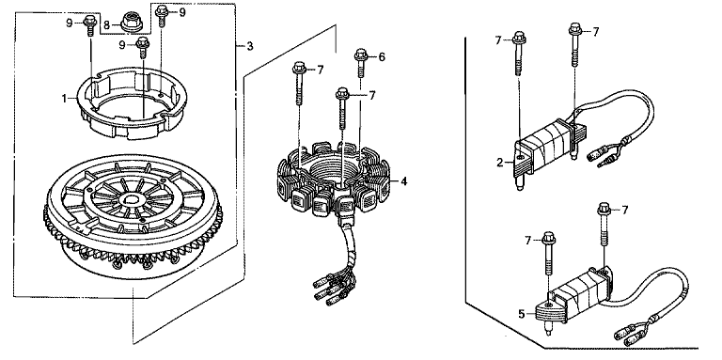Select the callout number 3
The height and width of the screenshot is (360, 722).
point(249,46)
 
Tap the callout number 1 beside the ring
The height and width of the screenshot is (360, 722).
point(65,98)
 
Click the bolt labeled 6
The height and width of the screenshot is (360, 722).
point(361,63)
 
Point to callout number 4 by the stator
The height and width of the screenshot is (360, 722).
point(403,181)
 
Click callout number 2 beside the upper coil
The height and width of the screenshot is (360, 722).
point(499,162)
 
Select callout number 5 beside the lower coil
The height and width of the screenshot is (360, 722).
point(521,314)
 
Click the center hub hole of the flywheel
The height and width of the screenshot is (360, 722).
point(133,199)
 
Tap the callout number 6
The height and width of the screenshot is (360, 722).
point(382,57)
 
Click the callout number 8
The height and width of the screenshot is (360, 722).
point(106,23)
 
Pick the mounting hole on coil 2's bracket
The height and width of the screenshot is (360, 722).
point(520,158)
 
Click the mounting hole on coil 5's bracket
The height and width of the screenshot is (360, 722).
point(549,304)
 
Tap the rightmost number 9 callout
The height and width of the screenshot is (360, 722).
point(182,12)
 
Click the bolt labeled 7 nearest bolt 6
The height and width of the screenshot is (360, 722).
point(341,108)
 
